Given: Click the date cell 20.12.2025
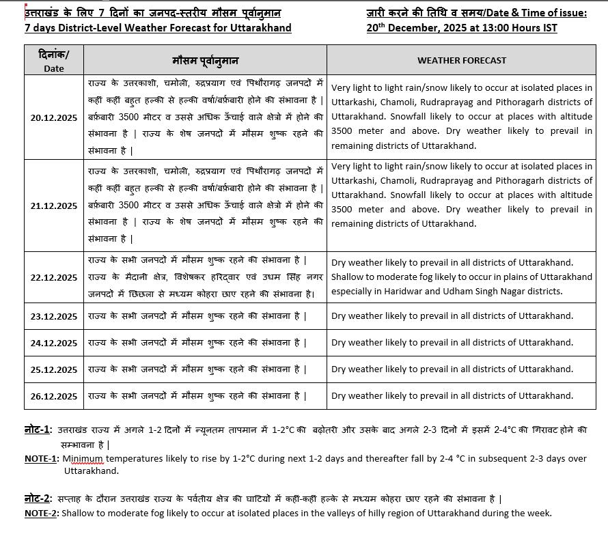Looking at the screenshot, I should (x=53, y=117).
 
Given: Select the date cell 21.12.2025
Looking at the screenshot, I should (x=53, y=206).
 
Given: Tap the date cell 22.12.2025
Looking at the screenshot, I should (x=53, y=277).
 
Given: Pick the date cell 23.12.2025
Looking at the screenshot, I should (x=53, y=316).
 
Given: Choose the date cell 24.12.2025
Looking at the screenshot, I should (x=53, y=343).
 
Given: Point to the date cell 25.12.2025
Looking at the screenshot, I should (x=53, y=369).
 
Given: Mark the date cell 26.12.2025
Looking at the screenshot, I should (x=53, y=396).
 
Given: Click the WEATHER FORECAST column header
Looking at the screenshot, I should (x=462, y=60).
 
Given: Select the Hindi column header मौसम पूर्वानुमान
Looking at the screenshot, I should (x=205, y=60).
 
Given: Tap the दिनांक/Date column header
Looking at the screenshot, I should (x=53, y=60).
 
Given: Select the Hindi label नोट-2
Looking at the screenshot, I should (x=38, y=498).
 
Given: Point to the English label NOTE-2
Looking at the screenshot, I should (x=41, y=513).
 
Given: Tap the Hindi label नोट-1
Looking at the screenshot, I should (x=38, y=430).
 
